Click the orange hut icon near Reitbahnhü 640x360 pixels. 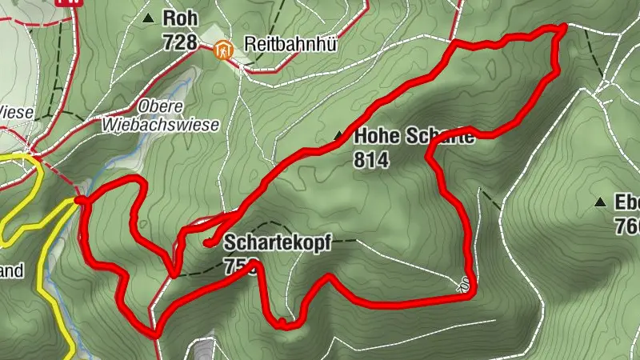point(224,49)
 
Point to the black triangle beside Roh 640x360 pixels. point(148,17)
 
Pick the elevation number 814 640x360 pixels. point(370,161)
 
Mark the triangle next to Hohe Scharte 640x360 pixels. point(339,137)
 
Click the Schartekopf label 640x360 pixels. point(277,242)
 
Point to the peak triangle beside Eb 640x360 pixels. point(600,202)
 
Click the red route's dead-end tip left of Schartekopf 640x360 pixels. point(206,242)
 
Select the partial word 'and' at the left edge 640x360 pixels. point(11,270)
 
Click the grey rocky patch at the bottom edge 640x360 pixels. point(205,350)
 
